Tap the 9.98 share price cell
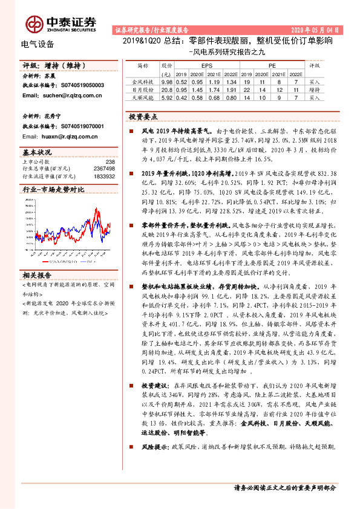[168, 80]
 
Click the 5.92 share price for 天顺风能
[168, 96]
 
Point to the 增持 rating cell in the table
[314, 88]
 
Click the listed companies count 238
[110, 161]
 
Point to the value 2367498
[105, 169]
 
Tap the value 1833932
[105, 176]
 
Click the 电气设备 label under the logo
[38, 44]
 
